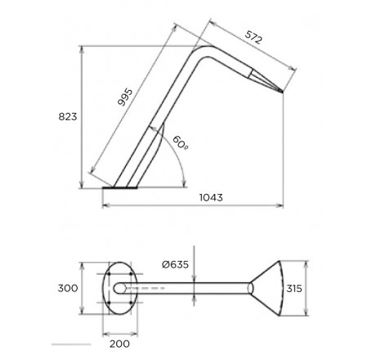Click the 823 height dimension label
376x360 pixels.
pos(68,117)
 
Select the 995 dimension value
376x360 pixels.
pos(125,97)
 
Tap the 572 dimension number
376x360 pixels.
pos(253,38)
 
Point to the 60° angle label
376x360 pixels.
pos(181,142)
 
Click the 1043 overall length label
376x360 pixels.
pos(211,197)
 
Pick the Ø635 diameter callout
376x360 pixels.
pos(175,264)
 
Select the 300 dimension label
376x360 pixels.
pos(68,288)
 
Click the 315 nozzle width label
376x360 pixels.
pos(294,288)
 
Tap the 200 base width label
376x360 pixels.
pos(119,344)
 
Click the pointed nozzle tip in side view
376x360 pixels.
pos(282,92)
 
